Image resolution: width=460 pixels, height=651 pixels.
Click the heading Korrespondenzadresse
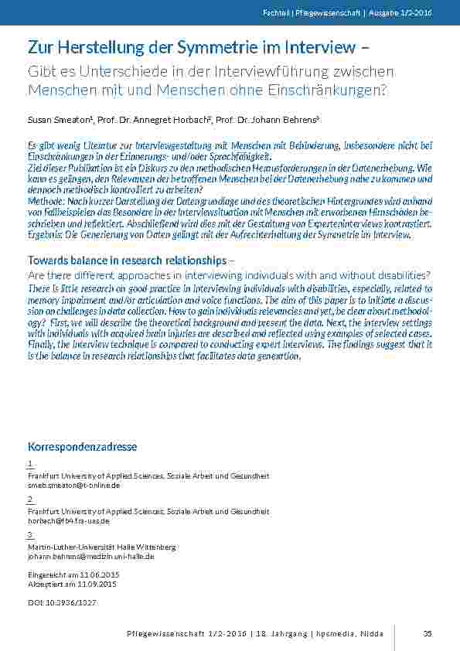(82, 447)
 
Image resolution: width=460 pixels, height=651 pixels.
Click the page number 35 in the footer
(428, 633)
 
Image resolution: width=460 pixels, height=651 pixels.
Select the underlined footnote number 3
(29, 534)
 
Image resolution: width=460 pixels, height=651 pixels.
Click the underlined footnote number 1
(29, 463)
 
